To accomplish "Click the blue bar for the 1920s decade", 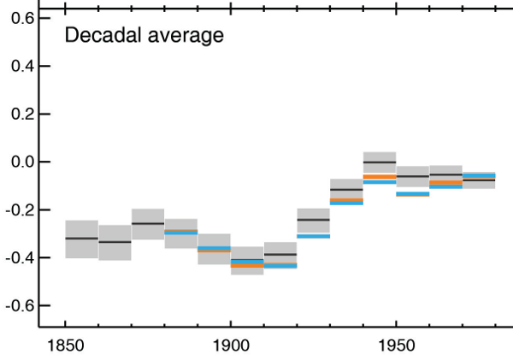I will (x=313, y=236).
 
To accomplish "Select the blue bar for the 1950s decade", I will (x=412, y=194).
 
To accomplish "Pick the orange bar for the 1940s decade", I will (x=380, y=176).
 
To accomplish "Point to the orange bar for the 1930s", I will (x=346, y=199).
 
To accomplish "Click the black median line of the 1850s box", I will (x=81, y=238).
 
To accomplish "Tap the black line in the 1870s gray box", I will (x=148, y=223).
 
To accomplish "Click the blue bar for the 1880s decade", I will (x=180, y=232).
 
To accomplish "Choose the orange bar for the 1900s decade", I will (x=247, y=266).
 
